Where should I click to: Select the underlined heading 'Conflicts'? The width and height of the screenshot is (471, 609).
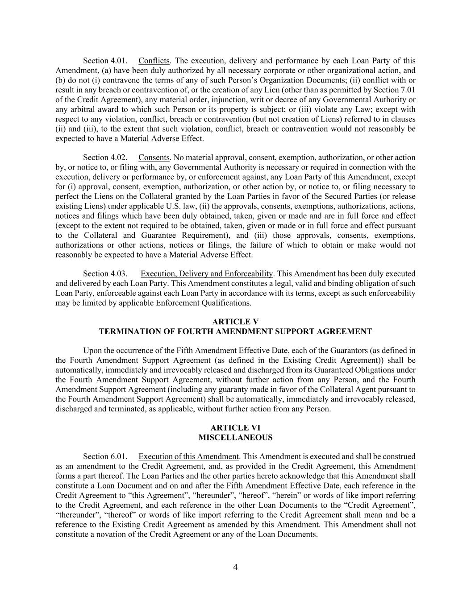pyautogui.click(x=154, y=61)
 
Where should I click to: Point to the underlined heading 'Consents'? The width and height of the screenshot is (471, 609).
pyautogui.click(x=154, y=157)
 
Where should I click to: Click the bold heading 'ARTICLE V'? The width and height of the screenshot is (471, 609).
pyautogui.click(x=235, y=322)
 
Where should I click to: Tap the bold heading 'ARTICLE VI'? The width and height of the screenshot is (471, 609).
pyautogui.click(x=235, y=428)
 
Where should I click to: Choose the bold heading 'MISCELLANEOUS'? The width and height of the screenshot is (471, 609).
pyautogui.click(x=235, y=438)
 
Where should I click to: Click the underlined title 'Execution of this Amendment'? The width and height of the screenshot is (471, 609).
pyautogui.click(x=188, y=456)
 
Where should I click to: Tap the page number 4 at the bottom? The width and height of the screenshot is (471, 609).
pyautogui.click(x=235, y=568)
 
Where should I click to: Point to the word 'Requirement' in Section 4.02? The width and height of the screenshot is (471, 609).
pyautogui.click(x=206, y=235)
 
